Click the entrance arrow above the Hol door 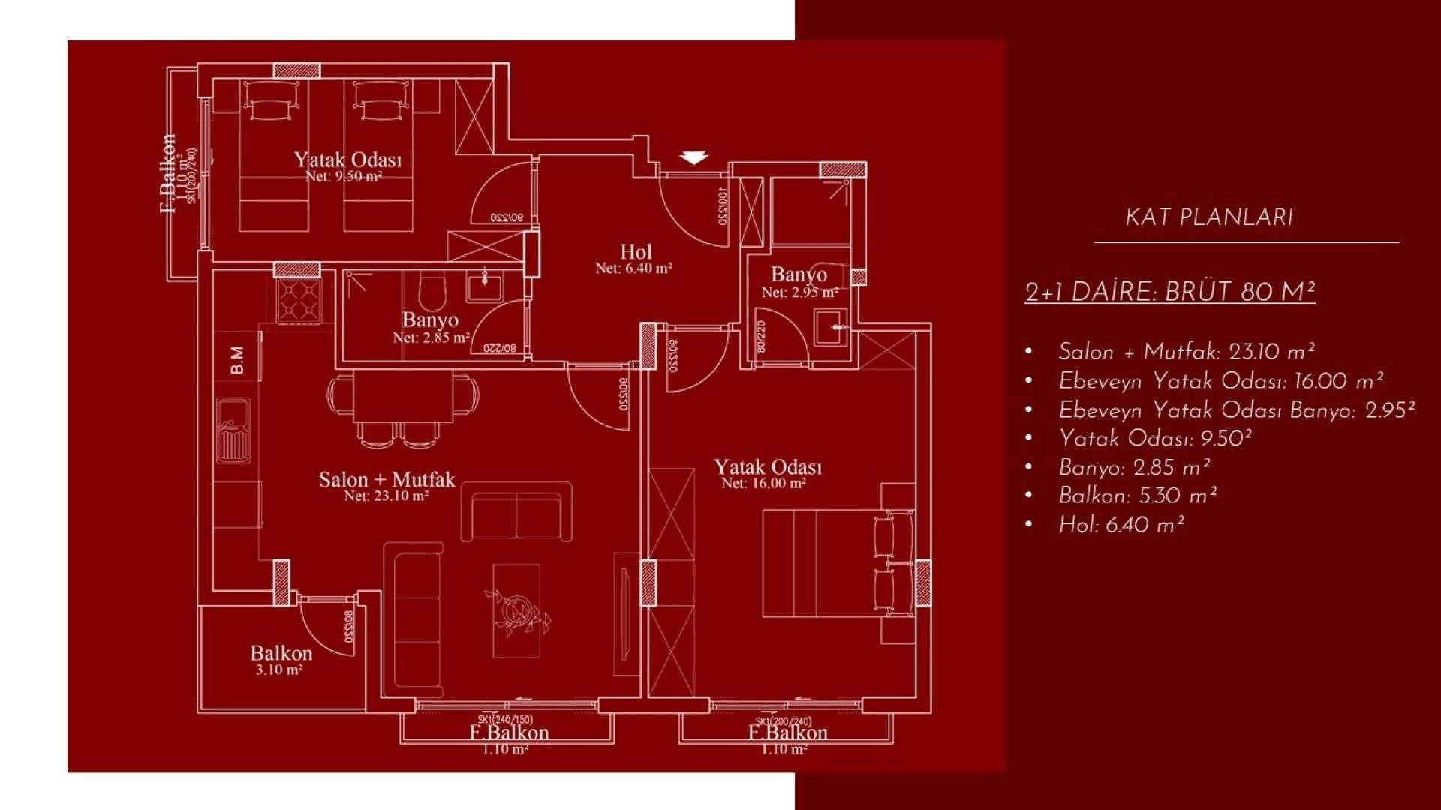pos(695,157)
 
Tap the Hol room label pos(636,252)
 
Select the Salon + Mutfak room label pos(387,480)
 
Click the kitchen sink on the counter pos(233,430)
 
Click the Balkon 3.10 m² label pos(281,653)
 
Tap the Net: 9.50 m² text pos(344,177)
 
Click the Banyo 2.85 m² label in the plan pos(430,320)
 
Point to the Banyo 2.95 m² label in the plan pos(799,274)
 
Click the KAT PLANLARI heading pos(1209,218)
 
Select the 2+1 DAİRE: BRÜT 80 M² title pos(1170,292)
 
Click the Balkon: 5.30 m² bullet pos(1137,496)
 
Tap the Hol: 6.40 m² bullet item pos(1121,526)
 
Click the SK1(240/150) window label pos(505,719)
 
